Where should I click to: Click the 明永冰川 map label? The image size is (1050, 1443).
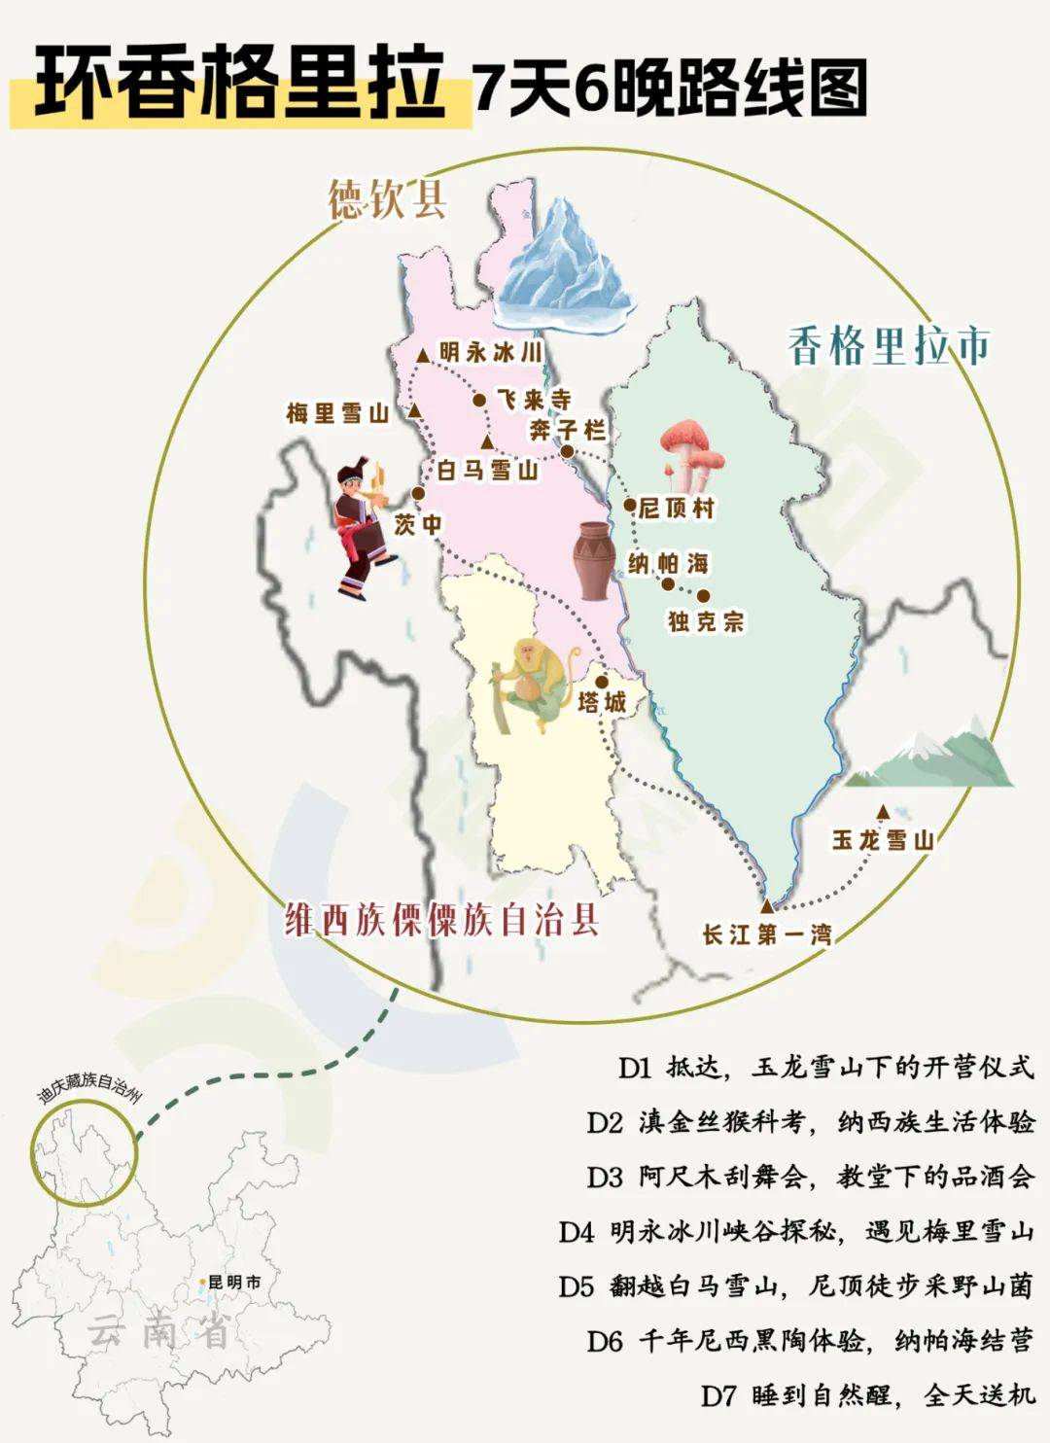(490, 352)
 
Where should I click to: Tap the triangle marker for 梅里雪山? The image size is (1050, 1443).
(415, 411)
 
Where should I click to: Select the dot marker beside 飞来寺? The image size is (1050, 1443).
(479, 400)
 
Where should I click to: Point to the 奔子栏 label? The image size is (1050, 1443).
(568, 430)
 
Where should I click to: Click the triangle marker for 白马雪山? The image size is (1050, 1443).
(487, 442)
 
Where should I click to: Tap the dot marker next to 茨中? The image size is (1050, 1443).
(417, 494)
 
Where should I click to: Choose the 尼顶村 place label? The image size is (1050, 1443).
(677, 507)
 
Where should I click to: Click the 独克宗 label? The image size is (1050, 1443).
(706, 621)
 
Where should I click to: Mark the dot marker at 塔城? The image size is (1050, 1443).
(602, 682)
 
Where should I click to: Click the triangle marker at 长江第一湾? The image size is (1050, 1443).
(766, 905)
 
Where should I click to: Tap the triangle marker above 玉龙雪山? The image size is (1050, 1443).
(883, 812)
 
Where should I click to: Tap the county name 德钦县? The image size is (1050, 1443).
(387, 200)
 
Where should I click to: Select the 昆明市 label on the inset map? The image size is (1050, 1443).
(234, 1283)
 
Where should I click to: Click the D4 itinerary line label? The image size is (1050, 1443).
(576, 1232)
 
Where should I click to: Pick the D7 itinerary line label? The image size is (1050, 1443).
(719, 1395)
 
